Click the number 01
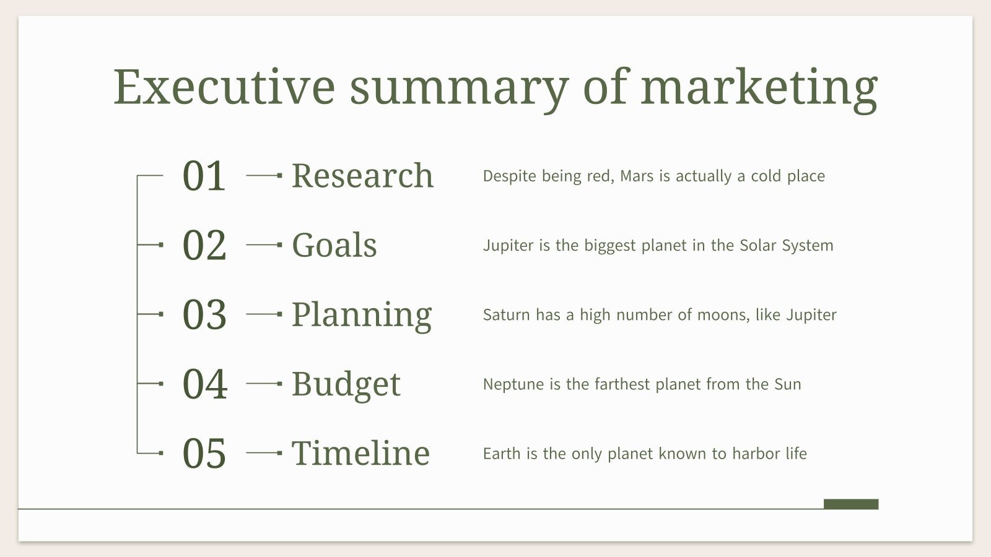[204, 176]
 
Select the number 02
[204, 245]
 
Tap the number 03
[204, 314]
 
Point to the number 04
[205, 384]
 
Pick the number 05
[204, 453]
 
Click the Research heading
[362, 176]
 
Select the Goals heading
[334, 245]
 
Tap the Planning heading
[361, 314]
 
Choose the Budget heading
[346, 384]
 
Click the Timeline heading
[360, 453]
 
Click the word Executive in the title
[224, 87]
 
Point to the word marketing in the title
[759, 87]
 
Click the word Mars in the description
[637, 176]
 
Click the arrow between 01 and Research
[264, 176]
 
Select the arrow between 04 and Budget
[264, 384]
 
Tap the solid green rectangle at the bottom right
[851, 504]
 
